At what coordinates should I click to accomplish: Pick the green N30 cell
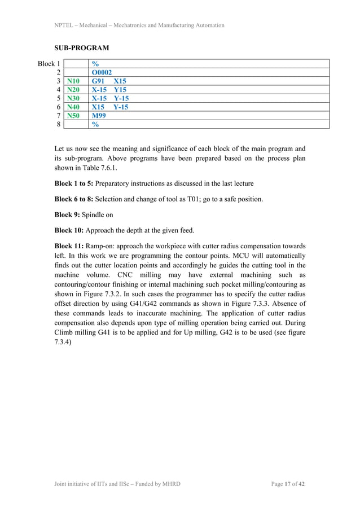point(73,98)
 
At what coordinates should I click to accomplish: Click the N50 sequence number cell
point(73,115)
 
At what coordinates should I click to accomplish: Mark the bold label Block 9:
point(68,215)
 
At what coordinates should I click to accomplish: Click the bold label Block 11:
point(70,247)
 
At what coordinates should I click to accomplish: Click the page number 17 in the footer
point(287,484)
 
